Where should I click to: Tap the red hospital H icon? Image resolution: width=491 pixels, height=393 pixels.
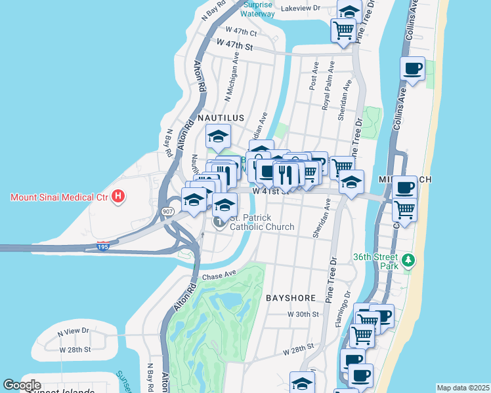point(118,196)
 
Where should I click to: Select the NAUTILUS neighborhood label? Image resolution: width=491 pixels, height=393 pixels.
point(219,118)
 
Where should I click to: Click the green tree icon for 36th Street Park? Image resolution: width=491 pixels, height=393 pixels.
point(409,261)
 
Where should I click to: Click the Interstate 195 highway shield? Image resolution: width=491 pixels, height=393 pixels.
point(102,246)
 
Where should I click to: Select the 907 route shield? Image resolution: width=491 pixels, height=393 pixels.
point(167,212)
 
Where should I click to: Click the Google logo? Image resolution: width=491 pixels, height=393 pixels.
point(22,385)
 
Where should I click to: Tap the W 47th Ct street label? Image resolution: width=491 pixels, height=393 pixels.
point(241,31)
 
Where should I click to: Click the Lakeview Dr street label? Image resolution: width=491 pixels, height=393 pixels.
point(300,9)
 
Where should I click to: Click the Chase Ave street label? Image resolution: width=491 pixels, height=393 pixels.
point(219,277)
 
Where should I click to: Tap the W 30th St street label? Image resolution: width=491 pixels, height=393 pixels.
point(303,314)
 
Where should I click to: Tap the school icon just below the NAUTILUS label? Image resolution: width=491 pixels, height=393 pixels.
point(219,137)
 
